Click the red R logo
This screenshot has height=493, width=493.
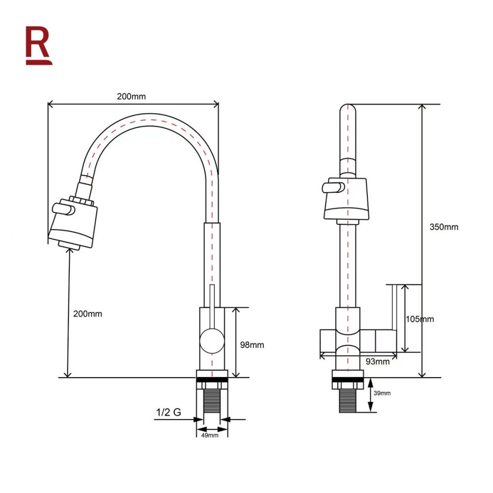click(38, 45)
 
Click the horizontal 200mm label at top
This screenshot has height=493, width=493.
click(131, 97)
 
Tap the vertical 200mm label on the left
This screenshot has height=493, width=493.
click(87, 314)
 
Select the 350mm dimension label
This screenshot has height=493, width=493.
click(444, 227)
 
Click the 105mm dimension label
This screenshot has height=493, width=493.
click(420, 319)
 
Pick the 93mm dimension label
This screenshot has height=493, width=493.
click(378, 361)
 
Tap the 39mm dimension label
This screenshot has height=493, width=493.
click(383, 393)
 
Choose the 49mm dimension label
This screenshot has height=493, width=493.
click(210, 435)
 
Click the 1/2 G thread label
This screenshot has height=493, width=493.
click(168, 412)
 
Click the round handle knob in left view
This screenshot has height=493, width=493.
click(212, 341)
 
